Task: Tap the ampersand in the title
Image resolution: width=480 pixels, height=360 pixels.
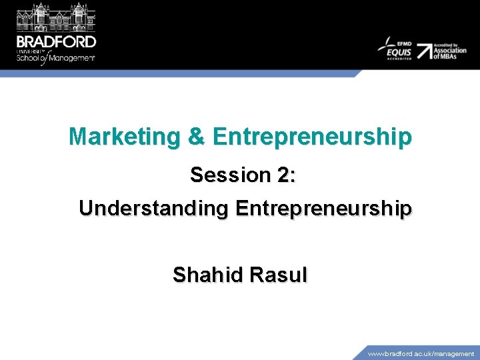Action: click(196, 137)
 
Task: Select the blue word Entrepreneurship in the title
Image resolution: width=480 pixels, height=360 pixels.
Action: click(312, 137)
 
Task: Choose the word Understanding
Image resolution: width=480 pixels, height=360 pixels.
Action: click(153, 209)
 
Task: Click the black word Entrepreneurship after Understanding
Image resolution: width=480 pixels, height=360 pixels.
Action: click(323, 209)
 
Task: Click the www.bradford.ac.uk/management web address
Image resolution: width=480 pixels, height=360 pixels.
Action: click(421, 354)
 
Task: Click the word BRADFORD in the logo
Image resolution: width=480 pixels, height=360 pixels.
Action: click(57, 41)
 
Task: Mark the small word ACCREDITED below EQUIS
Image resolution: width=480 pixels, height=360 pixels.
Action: click(398, 59)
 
